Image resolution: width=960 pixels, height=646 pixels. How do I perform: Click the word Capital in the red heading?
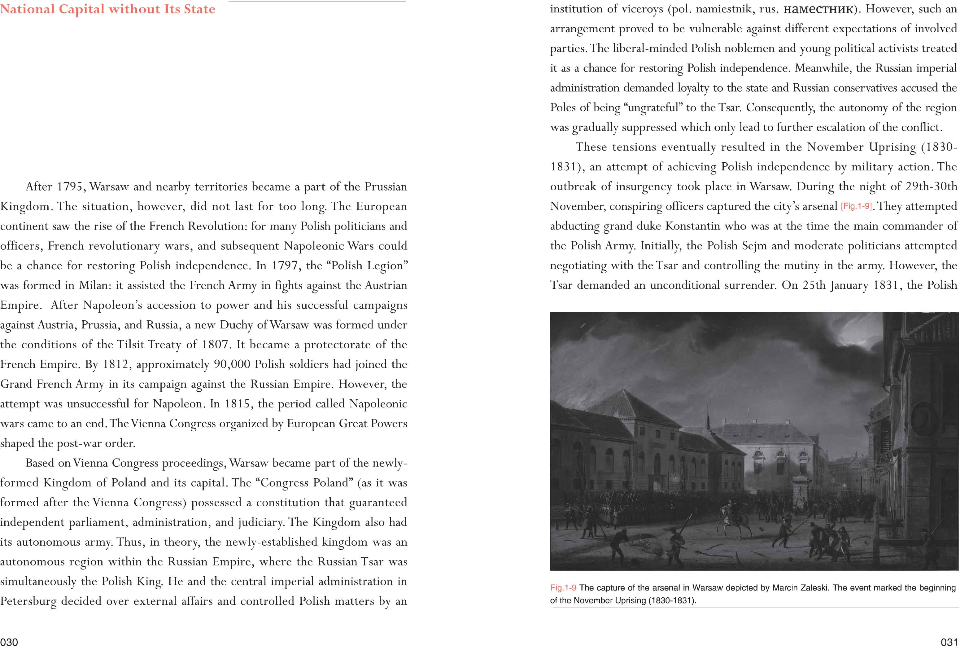[x=81, y=9]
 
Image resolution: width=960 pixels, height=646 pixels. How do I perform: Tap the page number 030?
[x=9, y=641]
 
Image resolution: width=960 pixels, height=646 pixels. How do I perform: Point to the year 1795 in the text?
[x=70, y=187]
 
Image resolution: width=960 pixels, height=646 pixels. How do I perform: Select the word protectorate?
[x=337, y=345]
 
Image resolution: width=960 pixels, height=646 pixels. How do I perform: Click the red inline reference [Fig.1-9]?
[x=856, y=206]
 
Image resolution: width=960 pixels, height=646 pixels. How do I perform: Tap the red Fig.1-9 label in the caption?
[x=563, y=588]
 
